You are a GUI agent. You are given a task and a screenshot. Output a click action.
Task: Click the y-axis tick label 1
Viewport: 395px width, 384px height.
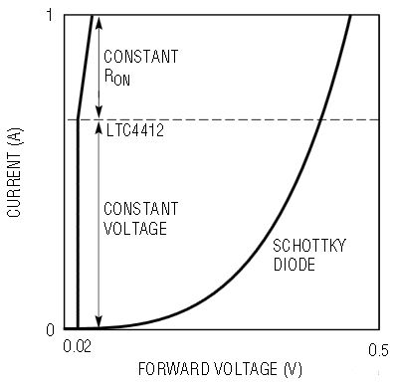(50, 15)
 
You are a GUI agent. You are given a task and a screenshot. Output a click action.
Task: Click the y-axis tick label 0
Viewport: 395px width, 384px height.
(50, 329)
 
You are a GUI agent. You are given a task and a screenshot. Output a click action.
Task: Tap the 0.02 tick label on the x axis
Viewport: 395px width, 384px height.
(77, 346)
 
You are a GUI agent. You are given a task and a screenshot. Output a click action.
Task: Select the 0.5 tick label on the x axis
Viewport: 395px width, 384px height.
(378, 350)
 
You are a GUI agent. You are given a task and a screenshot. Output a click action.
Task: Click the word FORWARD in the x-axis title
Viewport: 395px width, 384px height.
(174, 369)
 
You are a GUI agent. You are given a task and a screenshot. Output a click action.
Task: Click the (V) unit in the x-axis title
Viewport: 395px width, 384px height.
(293, 369)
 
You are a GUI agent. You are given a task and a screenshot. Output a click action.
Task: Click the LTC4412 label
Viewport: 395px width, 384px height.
(135, 130)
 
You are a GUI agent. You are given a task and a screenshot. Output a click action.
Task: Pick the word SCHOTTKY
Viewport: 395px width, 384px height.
(309, 246)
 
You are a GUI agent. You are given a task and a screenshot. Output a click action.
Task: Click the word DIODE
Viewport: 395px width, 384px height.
(294, 265)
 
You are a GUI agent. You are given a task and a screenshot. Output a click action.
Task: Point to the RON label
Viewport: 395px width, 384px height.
(117, 77)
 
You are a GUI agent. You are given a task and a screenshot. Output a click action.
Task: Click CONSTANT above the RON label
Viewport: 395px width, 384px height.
(141, 57)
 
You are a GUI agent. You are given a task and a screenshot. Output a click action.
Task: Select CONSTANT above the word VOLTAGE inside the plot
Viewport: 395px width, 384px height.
(141, 209)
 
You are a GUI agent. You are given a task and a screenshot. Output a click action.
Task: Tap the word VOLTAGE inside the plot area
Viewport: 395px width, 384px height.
(135, 229)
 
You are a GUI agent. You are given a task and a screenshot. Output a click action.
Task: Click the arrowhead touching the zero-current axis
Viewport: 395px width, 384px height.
(99, 321)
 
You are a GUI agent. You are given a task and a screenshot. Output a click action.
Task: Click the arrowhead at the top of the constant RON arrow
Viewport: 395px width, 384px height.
(99, 22)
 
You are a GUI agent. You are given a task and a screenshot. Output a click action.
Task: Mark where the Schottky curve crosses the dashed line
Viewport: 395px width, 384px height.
(320, 119)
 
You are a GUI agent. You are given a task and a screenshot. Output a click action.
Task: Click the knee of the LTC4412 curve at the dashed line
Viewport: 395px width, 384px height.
(78, 119)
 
